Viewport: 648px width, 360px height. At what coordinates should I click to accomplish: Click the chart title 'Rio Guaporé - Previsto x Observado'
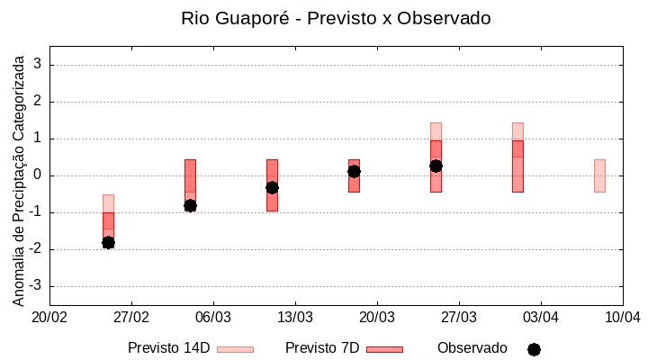336,18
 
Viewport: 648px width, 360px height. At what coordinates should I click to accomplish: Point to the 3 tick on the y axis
39,65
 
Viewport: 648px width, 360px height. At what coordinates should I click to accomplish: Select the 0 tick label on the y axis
39,175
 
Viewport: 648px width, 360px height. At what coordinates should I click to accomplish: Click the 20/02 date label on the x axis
49,317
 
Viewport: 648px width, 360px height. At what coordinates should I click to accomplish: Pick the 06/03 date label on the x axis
213,317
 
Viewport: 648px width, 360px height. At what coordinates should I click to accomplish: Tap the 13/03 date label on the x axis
295,317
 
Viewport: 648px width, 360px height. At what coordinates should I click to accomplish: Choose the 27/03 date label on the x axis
459,317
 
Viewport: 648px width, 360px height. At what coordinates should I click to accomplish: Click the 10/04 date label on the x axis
622,317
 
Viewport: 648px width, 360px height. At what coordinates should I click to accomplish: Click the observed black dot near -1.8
108,242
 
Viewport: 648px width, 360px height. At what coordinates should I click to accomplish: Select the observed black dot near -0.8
190,205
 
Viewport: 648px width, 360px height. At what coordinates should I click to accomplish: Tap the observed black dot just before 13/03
272,187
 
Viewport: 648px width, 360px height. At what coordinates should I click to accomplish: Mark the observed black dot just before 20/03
354,171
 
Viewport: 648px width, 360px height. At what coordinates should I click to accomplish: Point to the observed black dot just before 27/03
436,166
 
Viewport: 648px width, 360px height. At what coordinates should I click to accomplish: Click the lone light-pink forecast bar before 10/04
599,175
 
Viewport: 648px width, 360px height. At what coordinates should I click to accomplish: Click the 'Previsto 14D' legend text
169,348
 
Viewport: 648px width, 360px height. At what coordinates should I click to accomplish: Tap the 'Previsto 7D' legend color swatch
384,348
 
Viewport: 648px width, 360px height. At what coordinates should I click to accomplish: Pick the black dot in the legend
534,349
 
